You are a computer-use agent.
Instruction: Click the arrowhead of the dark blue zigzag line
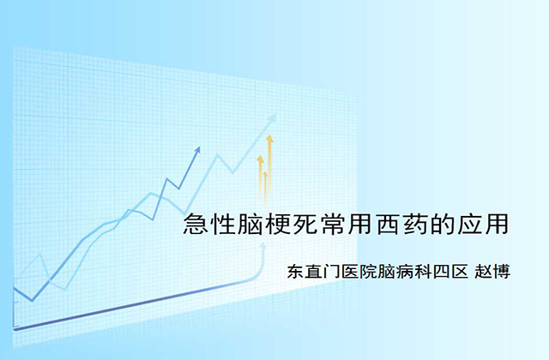[x=198, y=150]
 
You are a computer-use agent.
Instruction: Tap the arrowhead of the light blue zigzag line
[x=273, y=117]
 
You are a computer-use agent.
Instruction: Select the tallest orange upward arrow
[x=269, y=163]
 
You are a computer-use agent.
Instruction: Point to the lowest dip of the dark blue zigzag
[x=32, y=300]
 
